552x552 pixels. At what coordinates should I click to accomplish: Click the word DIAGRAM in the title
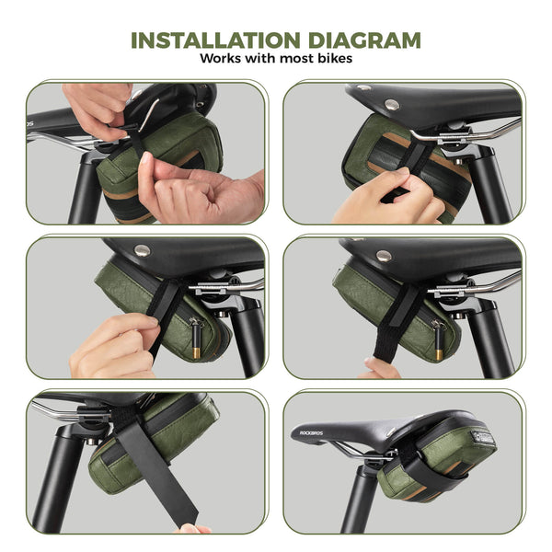click(x=364, y=40)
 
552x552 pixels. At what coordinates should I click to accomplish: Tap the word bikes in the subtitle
click(x=335, y=58)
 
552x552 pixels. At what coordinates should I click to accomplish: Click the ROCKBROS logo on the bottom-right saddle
click(x=311, y=432)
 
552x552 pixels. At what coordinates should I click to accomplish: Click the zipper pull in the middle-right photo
click(x=438, y=339)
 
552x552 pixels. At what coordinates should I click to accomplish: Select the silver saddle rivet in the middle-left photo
click(x=143, y=250)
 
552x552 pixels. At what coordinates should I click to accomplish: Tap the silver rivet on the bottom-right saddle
click(x=391, y=431)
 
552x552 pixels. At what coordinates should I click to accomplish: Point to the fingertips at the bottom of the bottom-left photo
click(x=193, y=529)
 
